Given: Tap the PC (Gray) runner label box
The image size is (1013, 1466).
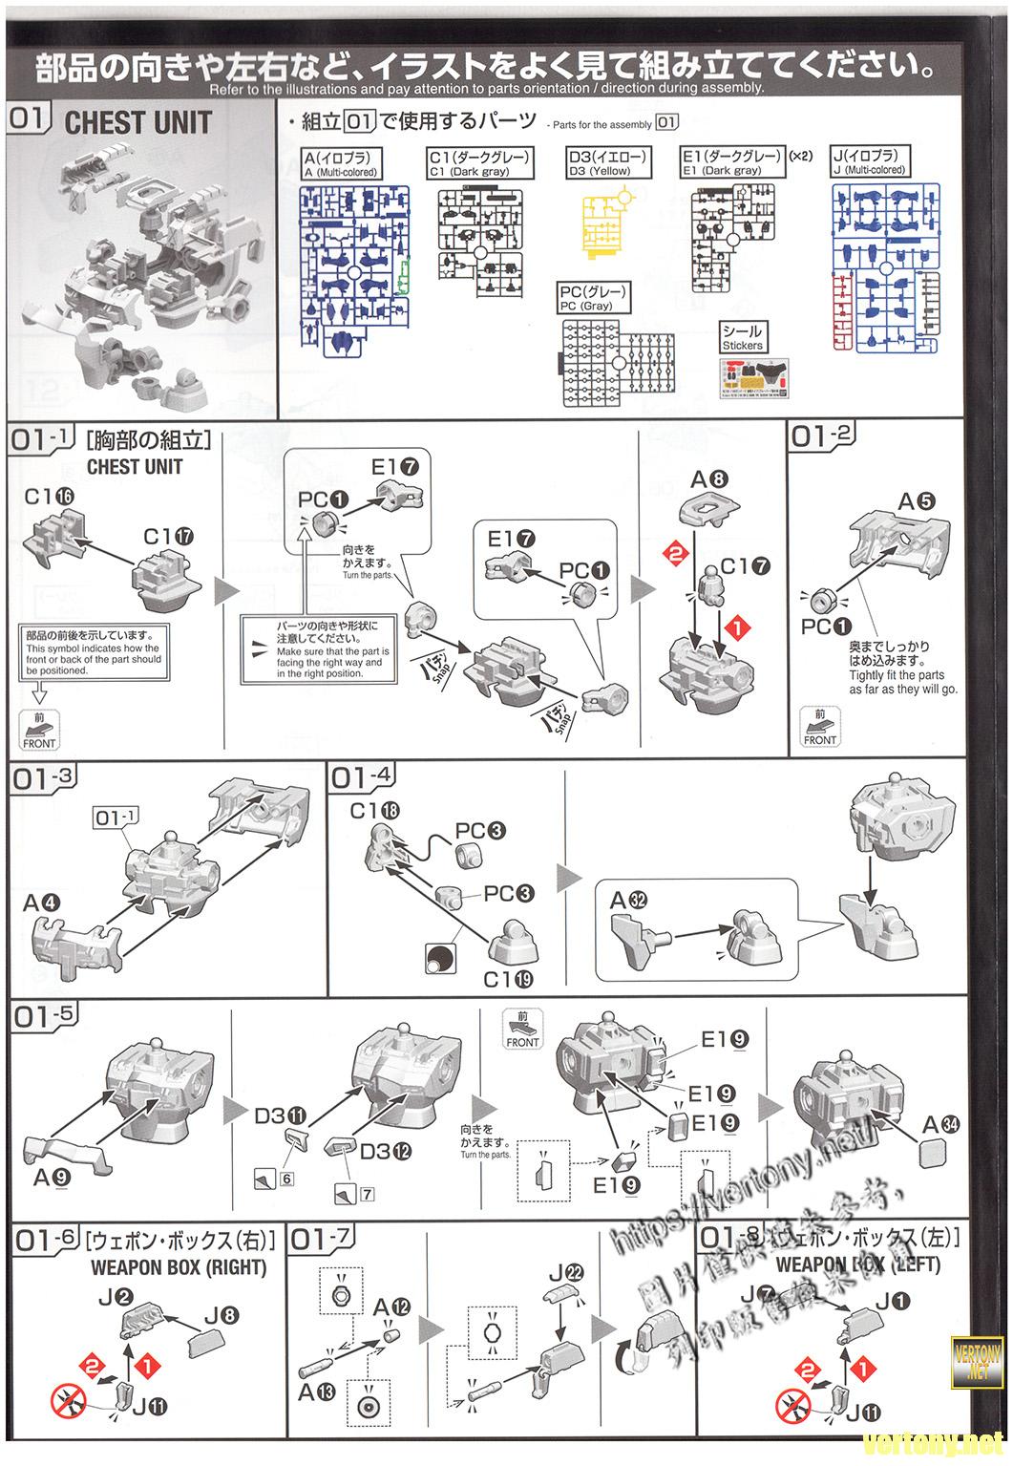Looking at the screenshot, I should tap(594, 297).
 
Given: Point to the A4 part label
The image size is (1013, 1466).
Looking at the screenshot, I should tap(42, 903).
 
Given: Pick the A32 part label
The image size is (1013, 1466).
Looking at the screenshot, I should tap(628, 900).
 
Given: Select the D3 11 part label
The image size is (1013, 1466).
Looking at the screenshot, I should tap(281, 1115).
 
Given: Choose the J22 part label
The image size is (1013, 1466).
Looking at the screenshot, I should tap(566, 1272).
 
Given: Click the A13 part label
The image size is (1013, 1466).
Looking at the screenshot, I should tap(316, 1392).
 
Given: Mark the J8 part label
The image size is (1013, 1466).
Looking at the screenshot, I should tap(222, 1315).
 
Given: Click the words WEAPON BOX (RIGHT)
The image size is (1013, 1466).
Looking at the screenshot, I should tap(179, 1267).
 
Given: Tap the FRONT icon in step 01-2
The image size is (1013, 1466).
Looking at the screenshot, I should tap(819, 728).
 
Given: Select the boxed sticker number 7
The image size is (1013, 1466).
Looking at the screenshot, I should tap(367, 1194).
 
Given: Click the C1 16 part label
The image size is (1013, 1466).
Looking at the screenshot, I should tap(49, 497).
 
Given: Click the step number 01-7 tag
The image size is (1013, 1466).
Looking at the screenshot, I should tap(321, 1241).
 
